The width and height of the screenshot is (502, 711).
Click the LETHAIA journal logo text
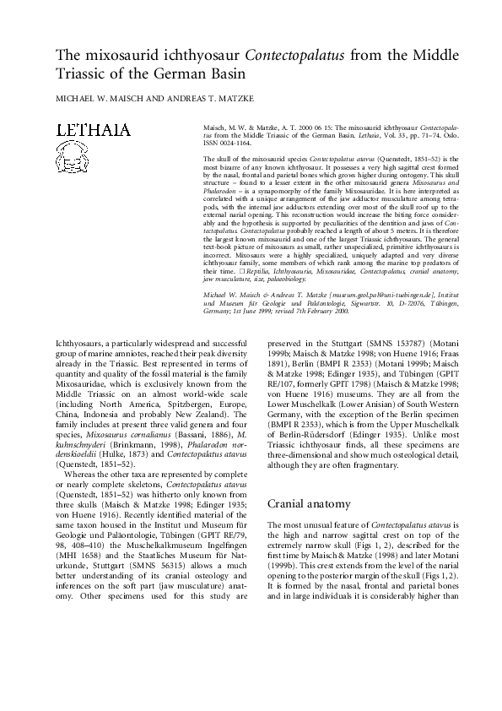[92, 130]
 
